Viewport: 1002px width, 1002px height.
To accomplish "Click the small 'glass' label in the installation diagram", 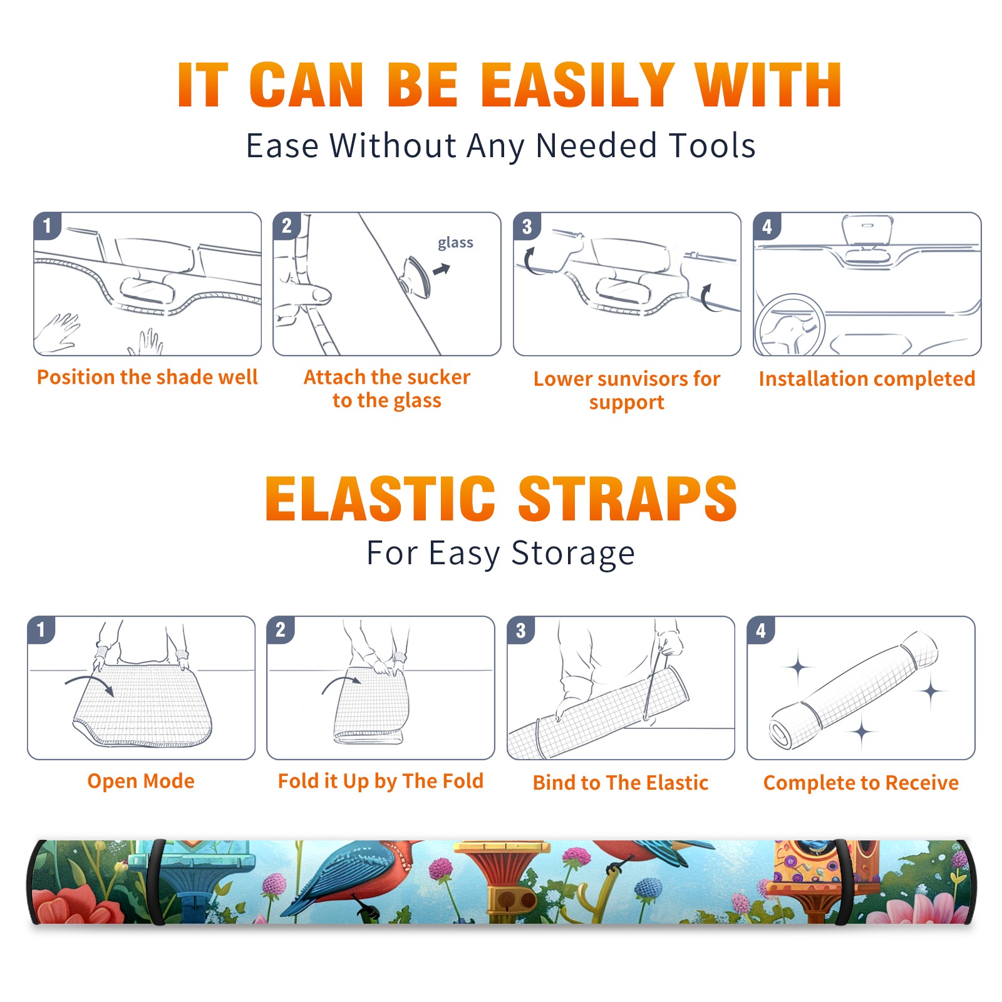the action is click(x=455, y=243).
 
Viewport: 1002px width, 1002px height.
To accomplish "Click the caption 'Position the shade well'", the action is click(x=147, y=377).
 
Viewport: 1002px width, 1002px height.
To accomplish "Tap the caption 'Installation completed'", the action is click(x=867, y=379).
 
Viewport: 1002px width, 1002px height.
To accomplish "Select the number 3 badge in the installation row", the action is click(x=527, y=226).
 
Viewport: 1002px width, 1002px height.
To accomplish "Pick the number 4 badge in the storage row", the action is click(x=761, y=630).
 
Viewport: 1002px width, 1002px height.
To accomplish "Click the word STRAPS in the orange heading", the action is click(x=628, y=498).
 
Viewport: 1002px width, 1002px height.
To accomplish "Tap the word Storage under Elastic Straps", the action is click(x=573, y=554).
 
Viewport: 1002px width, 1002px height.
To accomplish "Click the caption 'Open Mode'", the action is click(x=141, y=781).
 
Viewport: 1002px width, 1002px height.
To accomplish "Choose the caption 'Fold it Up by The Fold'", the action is click(x=381, y=782).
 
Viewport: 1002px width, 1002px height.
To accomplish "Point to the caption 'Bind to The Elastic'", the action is click(x=621, y=783).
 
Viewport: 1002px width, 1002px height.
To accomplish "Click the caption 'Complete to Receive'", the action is click(x=861, y=783).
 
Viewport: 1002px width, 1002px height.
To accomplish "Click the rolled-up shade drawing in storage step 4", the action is click(x=854, y=691).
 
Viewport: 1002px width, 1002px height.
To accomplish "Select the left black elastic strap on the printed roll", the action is click(x=157, y=882).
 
